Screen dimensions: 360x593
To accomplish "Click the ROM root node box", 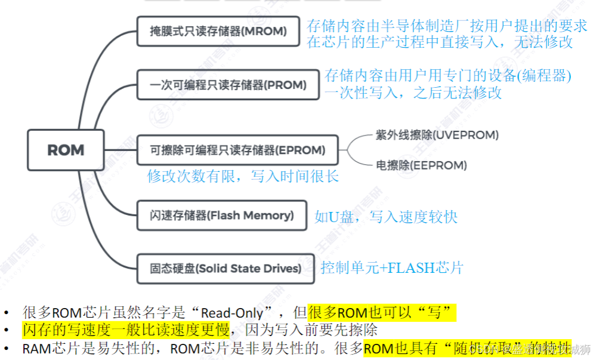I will tap(66, 150).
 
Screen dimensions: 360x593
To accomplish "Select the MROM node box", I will tap(218, 31).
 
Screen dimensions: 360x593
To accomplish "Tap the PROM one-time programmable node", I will tap(228, 85).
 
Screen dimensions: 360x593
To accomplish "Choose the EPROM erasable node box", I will tap(237, 150).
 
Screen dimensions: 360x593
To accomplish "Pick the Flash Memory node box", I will tap(222, 216).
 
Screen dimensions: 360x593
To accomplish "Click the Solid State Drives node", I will tap(226, 269).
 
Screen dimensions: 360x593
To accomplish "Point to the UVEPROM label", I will tap(437, 136).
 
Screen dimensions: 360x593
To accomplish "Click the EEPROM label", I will tap(421, 165).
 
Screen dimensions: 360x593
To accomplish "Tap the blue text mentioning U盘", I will tap(386, 216).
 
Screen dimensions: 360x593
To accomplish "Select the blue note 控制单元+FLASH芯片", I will tap(391, 267).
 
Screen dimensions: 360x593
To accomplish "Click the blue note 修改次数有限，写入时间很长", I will tap(243, 177).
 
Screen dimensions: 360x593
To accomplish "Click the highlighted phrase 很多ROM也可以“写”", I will tap(382, 313).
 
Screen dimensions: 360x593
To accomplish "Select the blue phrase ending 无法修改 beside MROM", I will tap(440, 42).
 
